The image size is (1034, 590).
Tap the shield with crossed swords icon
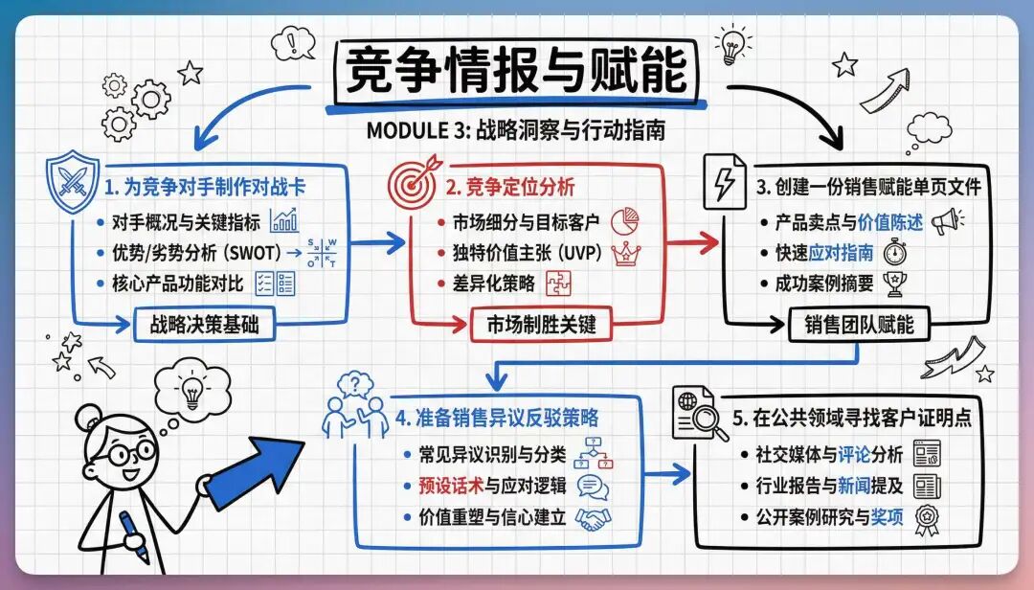point(73,181)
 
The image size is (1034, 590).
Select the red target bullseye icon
point(415,180)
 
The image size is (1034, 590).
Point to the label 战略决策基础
point(204,325)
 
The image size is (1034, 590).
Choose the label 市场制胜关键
point(535,325)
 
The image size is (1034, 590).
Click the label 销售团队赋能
point(852,325)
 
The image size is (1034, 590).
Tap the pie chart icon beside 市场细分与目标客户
point(624,221)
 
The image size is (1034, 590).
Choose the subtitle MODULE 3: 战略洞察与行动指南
point(517,128)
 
